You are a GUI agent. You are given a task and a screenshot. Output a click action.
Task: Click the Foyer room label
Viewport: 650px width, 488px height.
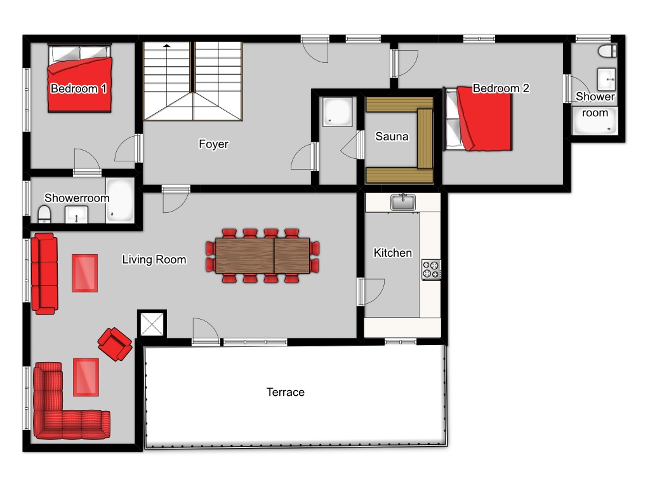coord(213,144)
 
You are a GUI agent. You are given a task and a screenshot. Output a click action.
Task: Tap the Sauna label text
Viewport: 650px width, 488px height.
coord(392,136)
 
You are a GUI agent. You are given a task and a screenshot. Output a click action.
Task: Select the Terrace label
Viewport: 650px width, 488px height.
coord(285,391)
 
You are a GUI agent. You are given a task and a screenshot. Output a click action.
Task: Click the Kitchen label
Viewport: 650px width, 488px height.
coord(392,253)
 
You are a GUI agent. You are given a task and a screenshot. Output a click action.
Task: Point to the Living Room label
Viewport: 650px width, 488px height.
coord(154,259)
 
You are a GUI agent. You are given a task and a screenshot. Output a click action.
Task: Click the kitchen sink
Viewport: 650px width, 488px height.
coord(402,202)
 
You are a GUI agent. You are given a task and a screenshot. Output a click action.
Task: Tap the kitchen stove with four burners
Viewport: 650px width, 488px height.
coord(431,269)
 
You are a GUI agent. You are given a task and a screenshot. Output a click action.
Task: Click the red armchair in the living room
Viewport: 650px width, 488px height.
coord(115,344)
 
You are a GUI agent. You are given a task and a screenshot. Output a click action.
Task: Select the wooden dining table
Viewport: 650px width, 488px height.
coord(262,255)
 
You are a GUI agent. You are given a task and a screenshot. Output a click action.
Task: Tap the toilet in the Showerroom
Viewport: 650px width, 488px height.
coord(44,215)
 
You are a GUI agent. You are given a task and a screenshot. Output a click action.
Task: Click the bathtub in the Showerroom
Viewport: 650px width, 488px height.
coord(120,200)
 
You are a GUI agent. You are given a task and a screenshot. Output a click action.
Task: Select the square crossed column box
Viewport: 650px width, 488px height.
coord(152,324)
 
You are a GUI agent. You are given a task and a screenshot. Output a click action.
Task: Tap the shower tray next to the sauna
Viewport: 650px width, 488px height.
coord(338,112)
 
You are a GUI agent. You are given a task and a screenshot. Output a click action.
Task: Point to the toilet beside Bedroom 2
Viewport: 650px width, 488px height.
coord(607,51)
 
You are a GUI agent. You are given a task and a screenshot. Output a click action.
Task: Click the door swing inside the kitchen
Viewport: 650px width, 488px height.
coord(374,292)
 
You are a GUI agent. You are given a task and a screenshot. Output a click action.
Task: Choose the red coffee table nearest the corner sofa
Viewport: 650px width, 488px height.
coord(86,377)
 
